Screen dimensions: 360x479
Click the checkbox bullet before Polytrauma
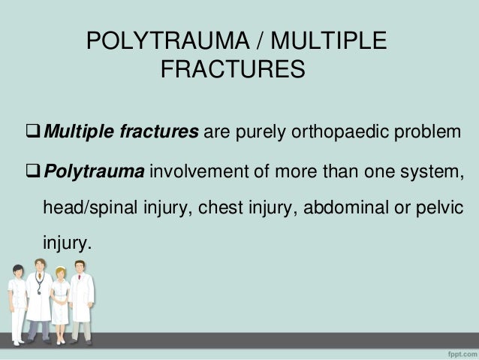click(33, 175)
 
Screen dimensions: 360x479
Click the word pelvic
click(436, 209)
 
